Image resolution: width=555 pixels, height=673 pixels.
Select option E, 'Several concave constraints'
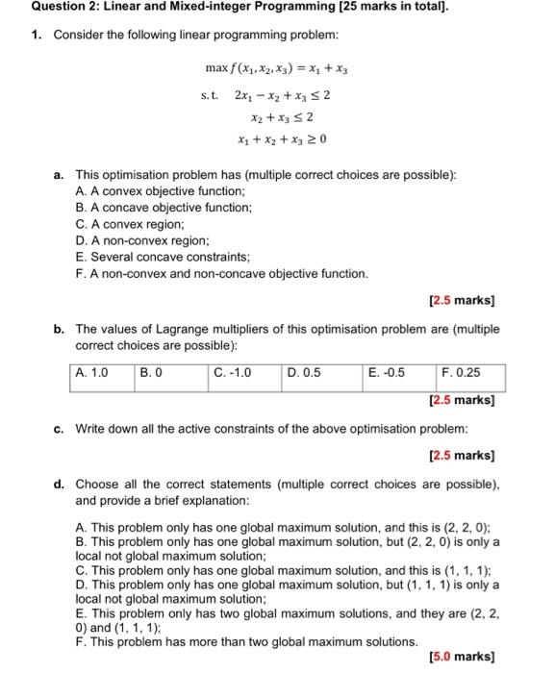(x=155, y=257)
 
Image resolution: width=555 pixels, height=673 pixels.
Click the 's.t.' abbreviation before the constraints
(x=210, y=96)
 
